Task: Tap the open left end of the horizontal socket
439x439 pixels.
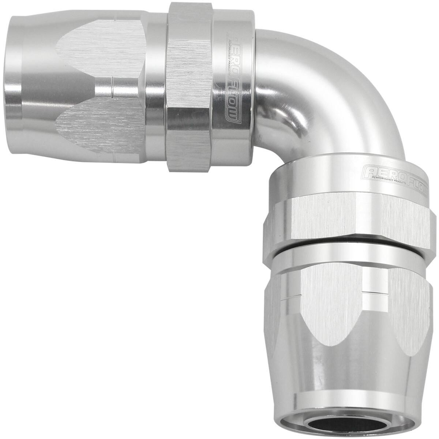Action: click(x=10, y=73)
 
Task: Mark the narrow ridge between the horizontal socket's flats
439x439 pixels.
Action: click(x=117, y=90)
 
